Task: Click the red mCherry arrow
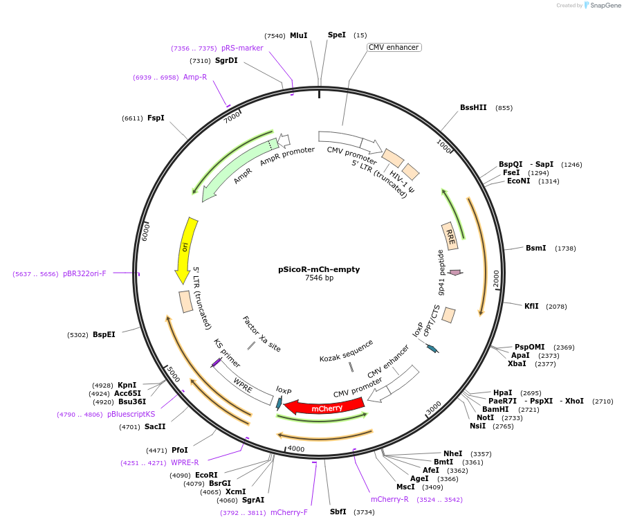tap(325, 407)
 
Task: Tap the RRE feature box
tap(450, 235)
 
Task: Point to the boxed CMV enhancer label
tap(394, 48)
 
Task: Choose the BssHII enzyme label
tap(473, 108)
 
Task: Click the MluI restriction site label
tap(298, 35)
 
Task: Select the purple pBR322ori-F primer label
tap(84, 274)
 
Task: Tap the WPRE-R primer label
tap(185, 463)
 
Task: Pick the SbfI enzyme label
tap(338, 512)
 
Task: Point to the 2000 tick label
tap(495, 278)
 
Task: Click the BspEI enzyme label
tap(104, 335)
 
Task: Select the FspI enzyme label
tap(156, 118)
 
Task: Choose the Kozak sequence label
tap(346, 350)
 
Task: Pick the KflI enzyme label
tap(531, 306)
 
